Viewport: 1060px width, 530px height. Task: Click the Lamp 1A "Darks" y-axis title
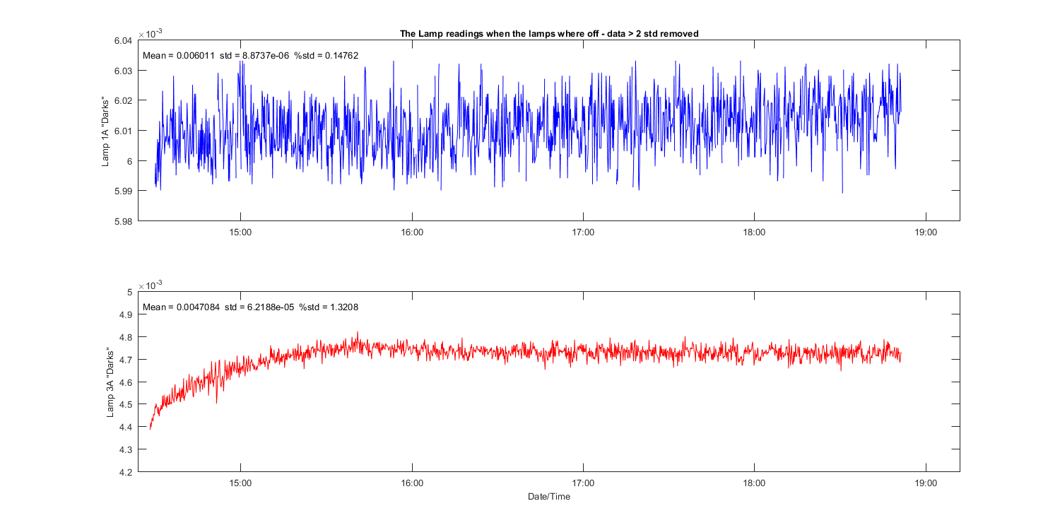[105, 131]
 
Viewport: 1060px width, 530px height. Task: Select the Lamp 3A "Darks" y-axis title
[111, 382]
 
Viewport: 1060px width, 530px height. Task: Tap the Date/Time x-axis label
[549, 497]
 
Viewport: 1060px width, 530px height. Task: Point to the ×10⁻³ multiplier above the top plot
[150, 33]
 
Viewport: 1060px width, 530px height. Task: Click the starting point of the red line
[150, 429]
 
